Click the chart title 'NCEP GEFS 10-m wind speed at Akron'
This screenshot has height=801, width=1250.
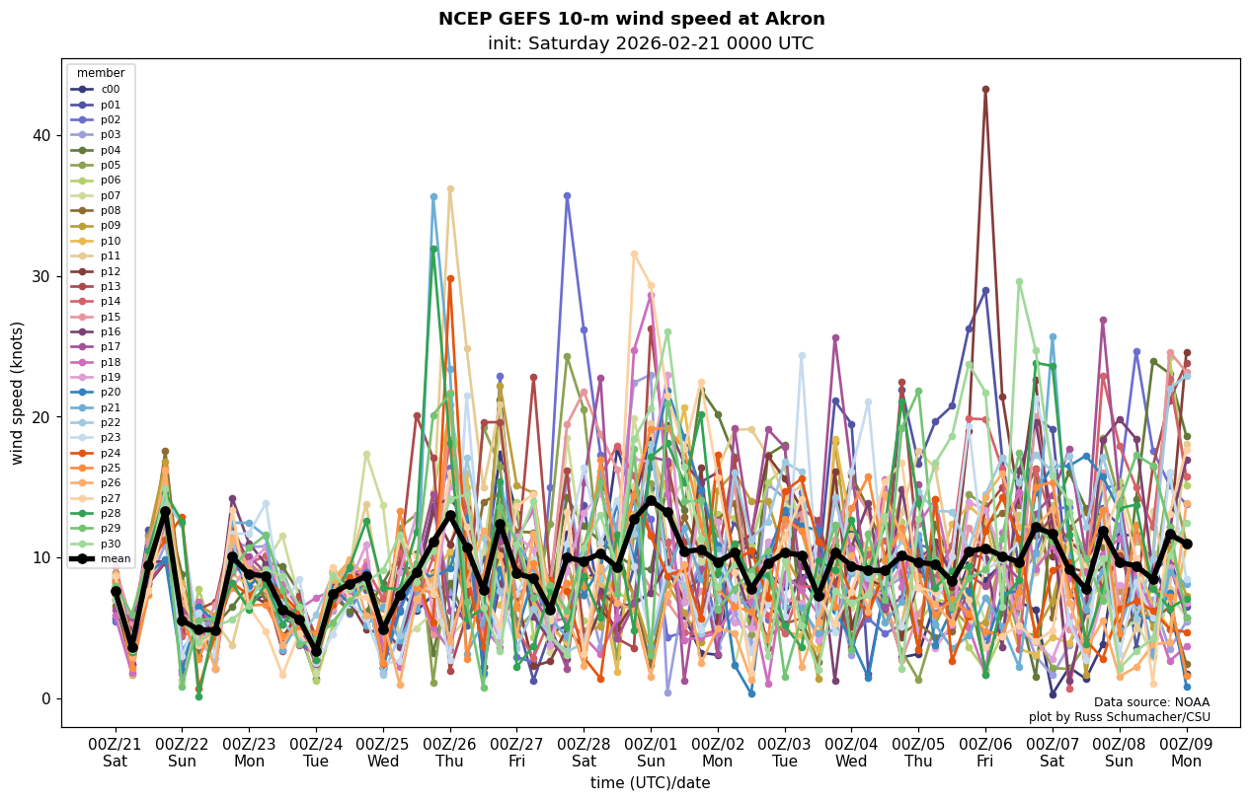tap(631, 20)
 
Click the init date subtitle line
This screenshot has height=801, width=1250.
tap(650, 44)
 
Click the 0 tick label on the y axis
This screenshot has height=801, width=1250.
tap(45, 698)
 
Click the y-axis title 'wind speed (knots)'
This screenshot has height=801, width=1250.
tap(17, 393)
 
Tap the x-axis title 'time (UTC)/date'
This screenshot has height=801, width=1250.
tap(650, 783)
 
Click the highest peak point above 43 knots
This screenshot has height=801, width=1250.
tap(985, 90)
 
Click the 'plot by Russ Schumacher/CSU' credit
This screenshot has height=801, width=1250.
tap(1119, 717)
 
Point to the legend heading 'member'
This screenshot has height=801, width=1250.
tap(101, 73)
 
